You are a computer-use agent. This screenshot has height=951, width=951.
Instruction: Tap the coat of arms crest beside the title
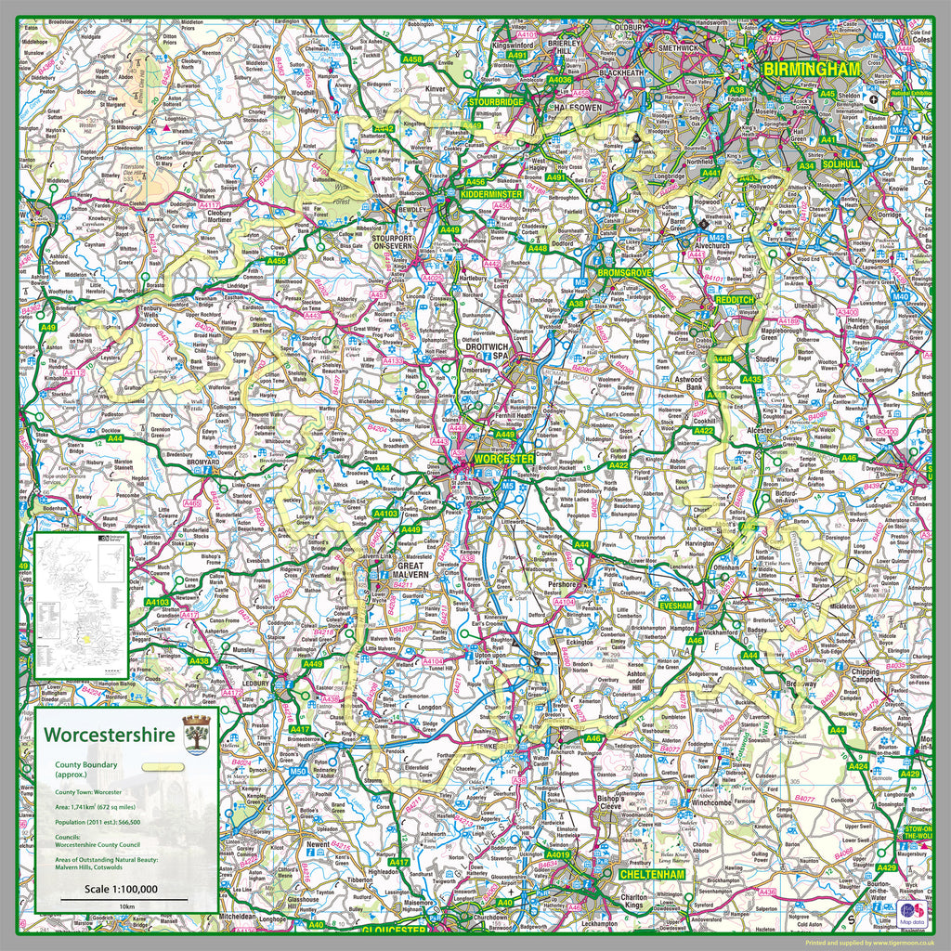(197, 735)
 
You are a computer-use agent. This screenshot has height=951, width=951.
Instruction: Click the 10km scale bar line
(127, 899)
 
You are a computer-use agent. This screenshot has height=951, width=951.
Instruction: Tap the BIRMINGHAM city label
(812, 70)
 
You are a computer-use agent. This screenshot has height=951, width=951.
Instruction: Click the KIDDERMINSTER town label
(491, 194)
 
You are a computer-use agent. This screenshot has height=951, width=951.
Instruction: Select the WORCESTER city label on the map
(503, 459)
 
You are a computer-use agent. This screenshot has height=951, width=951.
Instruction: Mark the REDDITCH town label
(736, 300)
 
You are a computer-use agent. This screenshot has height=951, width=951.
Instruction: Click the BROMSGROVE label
(625, 273)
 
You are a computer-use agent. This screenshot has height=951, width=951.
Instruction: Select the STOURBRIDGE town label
(498, 101)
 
